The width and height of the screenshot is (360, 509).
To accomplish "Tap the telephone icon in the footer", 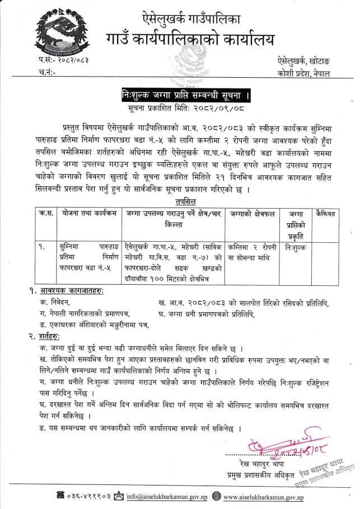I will click(x=60, y=496).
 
